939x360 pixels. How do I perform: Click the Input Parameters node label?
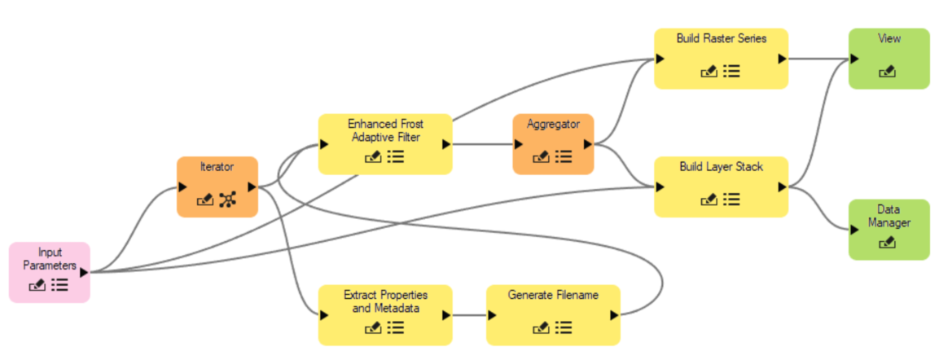tap(50, 259)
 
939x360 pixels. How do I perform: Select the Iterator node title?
tap(217, 167)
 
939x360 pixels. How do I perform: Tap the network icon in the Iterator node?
tap(227, 199)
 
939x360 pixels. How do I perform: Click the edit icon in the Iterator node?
tap(205, 199)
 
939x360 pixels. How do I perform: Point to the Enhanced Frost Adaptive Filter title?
tap(385, 130)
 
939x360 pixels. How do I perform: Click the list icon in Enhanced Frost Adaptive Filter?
tap(396, 157)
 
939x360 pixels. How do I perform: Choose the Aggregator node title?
tap(553, 125)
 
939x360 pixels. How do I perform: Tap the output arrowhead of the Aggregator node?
tap(588, 143)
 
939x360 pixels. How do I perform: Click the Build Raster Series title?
tap(721, 38)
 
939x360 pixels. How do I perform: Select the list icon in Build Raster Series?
tap(731, 72)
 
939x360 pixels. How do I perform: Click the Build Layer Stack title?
tap(721, 167)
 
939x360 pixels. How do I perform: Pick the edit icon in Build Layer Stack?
tap(709, 199)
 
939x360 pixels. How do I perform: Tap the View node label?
tap(889, 38)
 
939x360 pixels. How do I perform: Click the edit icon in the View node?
tap(888, 72)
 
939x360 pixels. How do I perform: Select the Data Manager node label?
tap(889, 215)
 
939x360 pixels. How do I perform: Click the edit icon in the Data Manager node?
tap(888, 242)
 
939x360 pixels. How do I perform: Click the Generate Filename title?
tap(553, 295)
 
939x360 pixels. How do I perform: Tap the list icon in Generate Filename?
tap(564, 327)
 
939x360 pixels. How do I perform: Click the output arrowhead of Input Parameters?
tap(84, 272)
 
